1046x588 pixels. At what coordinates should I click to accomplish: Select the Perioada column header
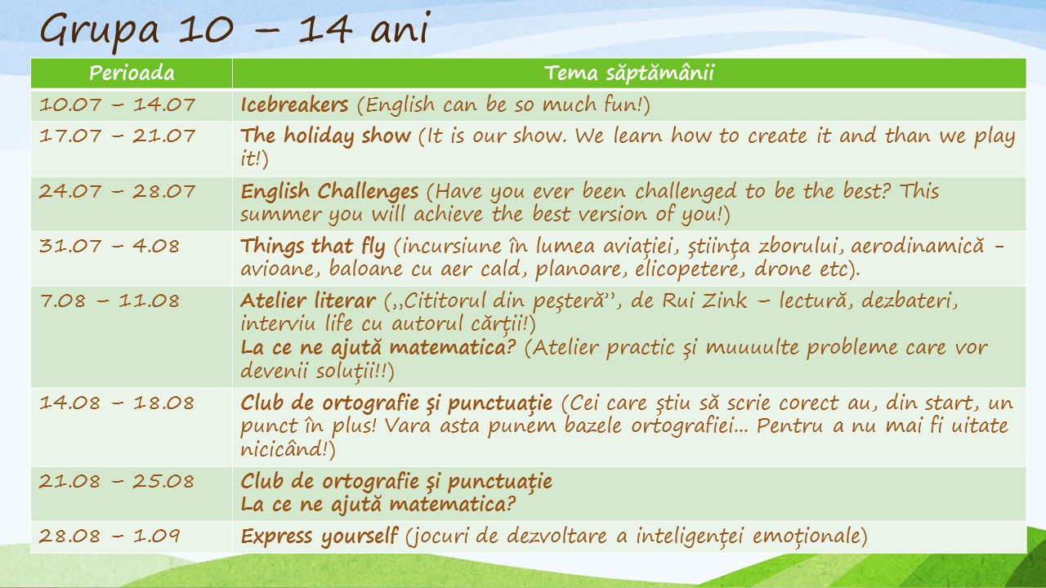(132, 73)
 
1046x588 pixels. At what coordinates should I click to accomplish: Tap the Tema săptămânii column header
(629, 73)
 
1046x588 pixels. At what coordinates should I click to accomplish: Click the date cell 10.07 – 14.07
(117, 104)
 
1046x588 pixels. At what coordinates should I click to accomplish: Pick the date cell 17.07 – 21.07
(117, 136)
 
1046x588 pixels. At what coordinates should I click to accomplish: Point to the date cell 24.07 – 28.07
(117, 191)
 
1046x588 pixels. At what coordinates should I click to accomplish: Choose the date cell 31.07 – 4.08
(110, 246)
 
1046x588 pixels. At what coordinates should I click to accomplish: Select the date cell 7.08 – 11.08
(110, 301)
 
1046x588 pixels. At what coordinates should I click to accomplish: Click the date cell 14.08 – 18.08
(116, 403)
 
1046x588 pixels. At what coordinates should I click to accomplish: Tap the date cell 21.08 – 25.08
(116, 481)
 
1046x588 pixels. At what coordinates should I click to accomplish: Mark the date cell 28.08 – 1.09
(110, 536)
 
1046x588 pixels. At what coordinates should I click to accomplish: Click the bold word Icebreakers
(295, 105)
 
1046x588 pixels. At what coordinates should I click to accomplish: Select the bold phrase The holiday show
(326, 136)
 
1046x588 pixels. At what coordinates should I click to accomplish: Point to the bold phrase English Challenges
(329, 192)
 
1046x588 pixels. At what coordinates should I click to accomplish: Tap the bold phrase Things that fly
(313, 247)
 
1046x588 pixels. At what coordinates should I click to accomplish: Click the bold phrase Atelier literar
(308, 301)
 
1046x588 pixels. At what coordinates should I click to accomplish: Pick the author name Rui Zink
(704, 301)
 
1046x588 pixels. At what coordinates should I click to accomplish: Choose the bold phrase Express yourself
(320, 537)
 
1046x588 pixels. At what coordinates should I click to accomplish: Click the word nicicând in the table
(284, 449)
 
